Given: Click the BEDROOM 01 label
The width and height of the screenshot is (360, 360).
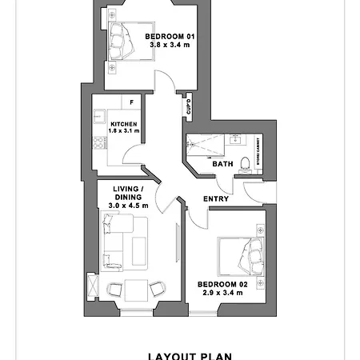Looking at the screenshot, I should click(170, 37).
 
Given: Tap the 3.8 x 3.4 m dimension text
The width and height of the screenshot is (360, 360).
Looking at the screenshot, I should click(170, 46).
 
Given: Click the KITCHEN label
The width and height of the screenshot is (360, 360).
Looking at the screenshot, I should click(124, 123).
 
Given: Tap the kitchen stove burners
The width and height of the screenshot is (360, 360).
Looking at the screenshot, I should click(98, 143).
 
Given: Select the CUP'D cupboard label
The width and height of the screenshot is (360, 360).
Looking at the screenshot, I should click(188, 106).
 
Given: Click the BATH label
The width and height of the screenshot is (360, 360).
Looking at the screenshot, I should click(222, 164).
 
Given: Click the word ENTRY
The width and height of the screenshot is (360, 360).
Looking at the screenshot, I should click(215, 198).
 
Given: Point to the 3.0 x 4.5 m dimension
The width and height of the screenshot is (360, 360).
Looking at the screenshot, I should click(124, 206).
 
